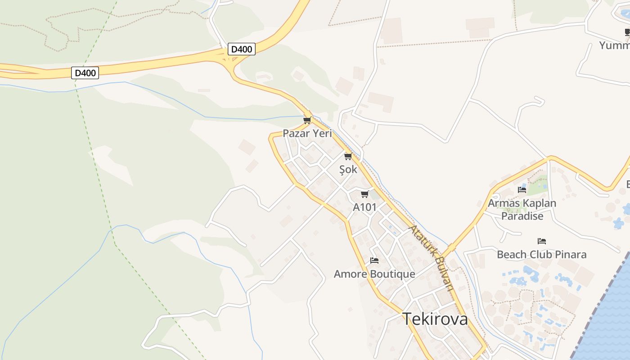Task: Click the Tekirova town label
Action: [x=435, y=319]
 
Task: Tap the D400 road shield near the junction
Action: [x=242, y=49]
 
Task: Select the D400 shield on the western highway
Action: [x=85, y=72]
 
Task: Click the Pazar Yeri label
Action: [x=307, y=133]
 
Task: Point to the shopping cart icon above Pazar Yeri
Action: [x=307, y=120]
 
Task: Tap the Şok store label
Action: [x=348, y=170]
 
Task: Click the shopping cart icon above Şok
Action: [x=347, y=157]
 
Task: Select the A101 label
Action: [x=364, y=207]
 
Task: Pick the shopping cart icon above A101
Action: [x=364, y=194]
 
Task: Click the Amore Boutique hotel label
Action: [x=374, y=274]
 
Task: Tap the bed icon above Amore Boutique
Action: [x=374, y=261]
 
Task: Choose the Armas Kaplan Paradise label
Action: [x=522, y=210]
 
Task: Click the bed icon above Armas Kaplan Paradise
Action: [x=522, y=190]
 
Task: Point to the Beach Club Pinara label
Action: [x=541, y=254]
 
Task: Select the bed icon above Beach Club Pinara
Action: [x=541, y=242]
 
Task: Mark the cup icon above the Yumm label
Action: [x=627, y=32]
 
